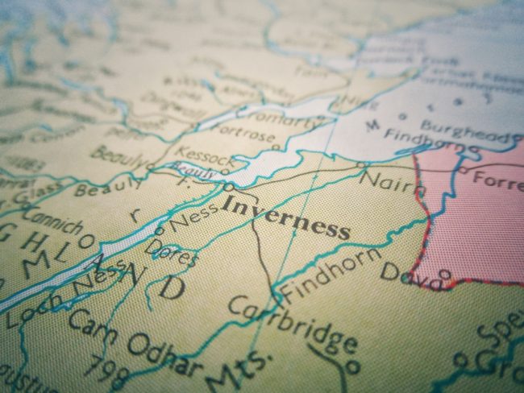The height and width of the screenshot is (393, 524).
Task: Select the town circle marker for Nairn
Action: pos(361,167)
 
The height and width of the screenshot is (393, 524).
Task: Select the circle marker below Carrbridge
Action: pos(352,366)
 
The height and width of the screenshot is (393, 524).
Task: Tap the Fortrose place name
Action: pos(242,139)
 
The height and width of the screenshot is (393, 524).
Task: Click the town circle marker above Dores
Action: pos(159,230)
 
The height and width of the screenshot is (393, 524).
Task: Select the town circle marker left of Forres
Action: pos(463,171)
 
